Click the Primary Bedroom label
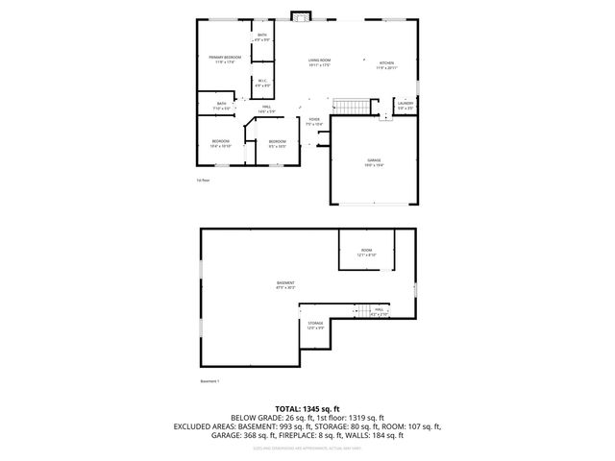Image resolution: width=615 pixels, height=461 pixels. [x=225, y=61]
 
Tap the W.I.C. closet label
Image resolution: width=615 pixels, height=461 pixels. [x=262, y=84]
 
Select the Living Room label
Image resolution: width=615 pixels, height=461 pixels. [x=319, y=62]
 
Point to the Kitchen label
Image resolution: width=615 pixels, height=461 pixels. [x=385, y=64]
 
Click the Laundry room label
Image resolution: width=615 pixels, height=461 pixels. [x=406, y=105]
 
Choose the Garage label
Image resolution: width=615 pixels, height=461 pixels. [x=374, y=162]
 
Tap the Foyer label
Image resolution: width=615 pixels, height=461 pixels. [x=314, y=122]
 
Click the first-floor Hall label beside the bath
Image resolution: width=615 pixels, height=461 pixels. [x=265, y=109]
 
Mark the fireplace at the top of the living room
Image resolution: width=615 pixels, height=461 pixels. [x=302, y=16]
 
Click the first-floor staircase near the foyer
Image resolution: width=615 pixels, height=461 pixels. [x=351, y=105]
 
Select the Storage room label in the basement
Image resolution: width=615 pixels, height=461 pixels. [x=315, y=326]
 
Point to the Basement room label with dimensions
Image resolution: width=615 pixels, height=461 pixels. [x=285, y=284]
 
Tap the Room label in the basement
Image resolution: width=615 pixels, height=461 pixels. [x=366, y=252]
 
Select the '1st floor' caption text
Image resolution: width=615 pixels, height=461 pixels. [x=203, y=180]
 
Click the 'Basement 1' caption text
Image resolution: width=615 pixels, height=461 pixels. [x=210, y=381]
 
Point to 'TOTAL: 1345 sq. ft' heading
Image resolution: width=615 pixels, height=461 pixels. [x=307, y=409]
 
